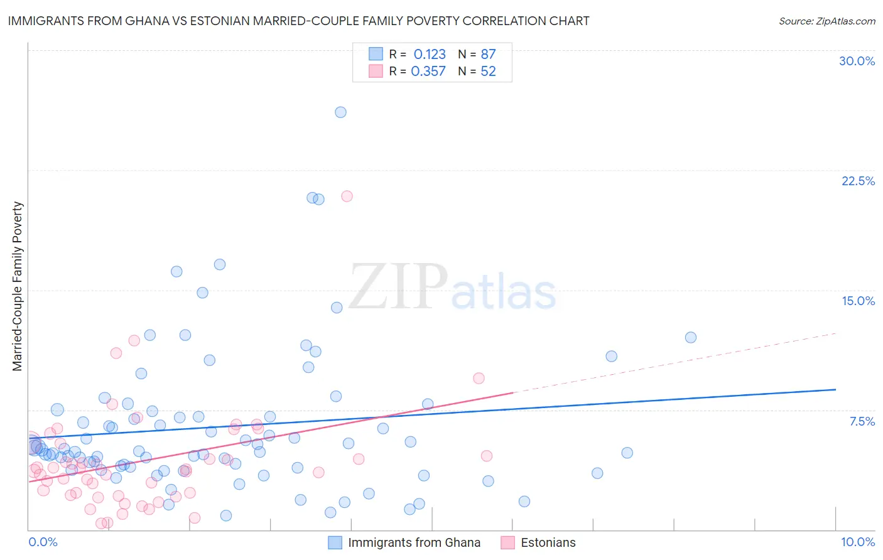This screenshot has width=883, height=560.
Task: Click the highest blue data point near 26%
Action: [x=340, y=112]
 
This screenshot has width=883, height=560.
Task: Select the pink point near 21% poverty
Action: [x=347, y=196]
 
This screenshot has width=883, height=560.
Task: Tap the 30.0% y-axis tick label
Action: [x=857, y=61]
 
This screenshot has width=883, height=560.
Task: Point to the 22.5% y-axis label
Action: [x=858, y=181]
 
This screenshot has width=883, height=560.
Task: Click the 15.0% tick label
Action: [x=858, y=301]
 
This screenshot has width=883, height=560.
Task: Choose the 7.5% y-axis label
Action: [x=862, y=421]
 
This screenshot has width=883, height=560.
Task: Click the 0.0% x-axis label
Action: [x=43, y=542]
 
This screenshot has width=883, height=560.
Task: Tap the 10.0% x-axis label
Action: [x=857, y=542]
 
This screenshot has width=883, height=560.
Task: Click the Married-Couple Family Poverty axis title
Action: [x=18, y=286]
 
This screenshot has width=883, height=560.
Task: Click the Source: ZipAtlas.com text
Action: [x=826, y=21]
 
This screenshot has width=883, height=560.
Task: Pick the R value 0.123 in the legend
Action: [x=430, y=55]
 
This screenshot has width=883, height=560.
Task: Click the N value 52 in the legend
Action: [x=488, y=72]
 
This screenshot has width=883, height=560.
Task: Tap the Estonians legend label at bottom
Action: [x=548, y=542]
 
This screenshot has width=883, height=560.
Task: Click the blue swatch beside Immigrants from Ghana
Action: [x=335, y=542]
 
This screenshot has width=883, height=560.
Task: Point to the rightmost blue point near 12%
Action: [x=690, y=337]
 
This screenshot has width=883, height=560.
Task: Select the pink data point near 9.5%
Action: [x=479, y=378]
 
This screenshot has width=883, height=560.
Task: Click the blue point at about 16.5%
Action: [x=219, y=264]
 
